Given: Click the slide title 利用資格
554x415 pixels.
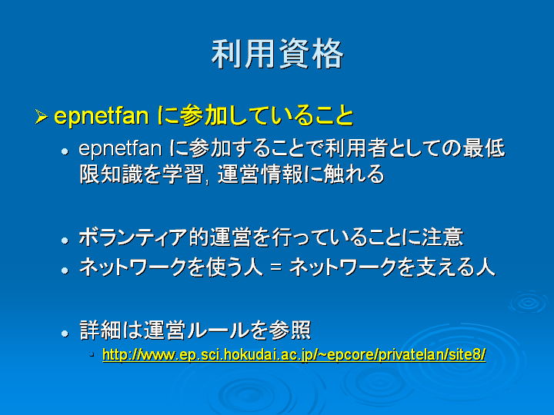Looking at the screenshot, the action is (277, 54).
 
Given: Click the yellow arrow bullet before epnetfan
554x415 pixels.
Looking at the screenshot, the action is (42, 117).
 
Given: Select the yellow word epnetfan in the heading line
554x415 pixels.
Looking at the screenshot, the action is (102, 116).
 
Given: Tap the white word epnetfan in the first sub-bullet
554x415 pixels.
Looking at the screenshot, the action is (120, 148).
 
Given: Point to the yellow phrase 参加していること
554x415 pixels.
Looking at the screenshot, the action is (266, 116).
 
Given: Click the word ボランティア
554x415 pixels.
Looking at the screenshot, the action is (133, 237).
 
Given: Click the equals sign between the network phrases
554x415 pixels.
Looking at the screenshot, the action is (275, 267).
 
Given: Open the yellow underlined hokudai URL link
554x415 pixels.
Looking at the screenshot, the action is (294, 354).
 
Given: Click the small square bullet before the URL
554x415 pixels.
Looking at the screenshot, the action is (92, 354).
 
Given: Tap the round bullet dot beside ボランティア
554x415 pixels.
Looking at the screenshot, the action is (65, 241).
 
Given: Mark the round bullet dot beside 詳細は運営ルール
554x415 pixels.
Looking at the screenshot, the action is (65, 334).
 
